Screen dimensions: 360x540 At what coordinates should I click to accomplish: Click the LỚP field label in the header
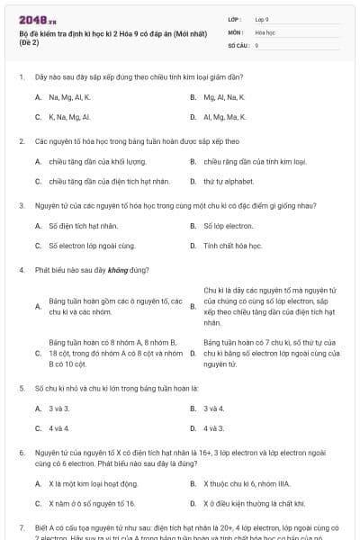(235, 18)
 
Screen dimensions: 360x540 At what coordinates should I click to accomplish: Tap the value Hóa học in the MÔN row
(265, 31)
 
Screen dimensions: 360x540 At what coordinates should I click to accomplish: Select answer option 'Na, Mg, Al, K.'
(70, 96)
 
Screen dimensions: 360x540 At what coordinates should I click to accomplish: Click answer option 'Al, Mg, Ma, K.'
(225, 117)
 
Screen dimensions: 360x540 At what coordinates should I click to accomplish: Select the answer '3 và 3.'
(59, 408)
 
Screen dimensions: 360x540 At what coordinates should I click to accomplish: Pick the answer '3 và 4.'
(214, 408)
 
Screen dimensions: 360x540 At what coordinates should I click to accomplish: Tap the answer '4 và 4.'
(59, 428)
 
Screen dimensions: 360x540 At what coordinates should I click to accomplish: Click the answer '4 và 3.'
(214, 428)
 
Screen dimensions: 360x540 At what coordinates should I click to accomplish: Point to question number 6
(21, 452)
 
